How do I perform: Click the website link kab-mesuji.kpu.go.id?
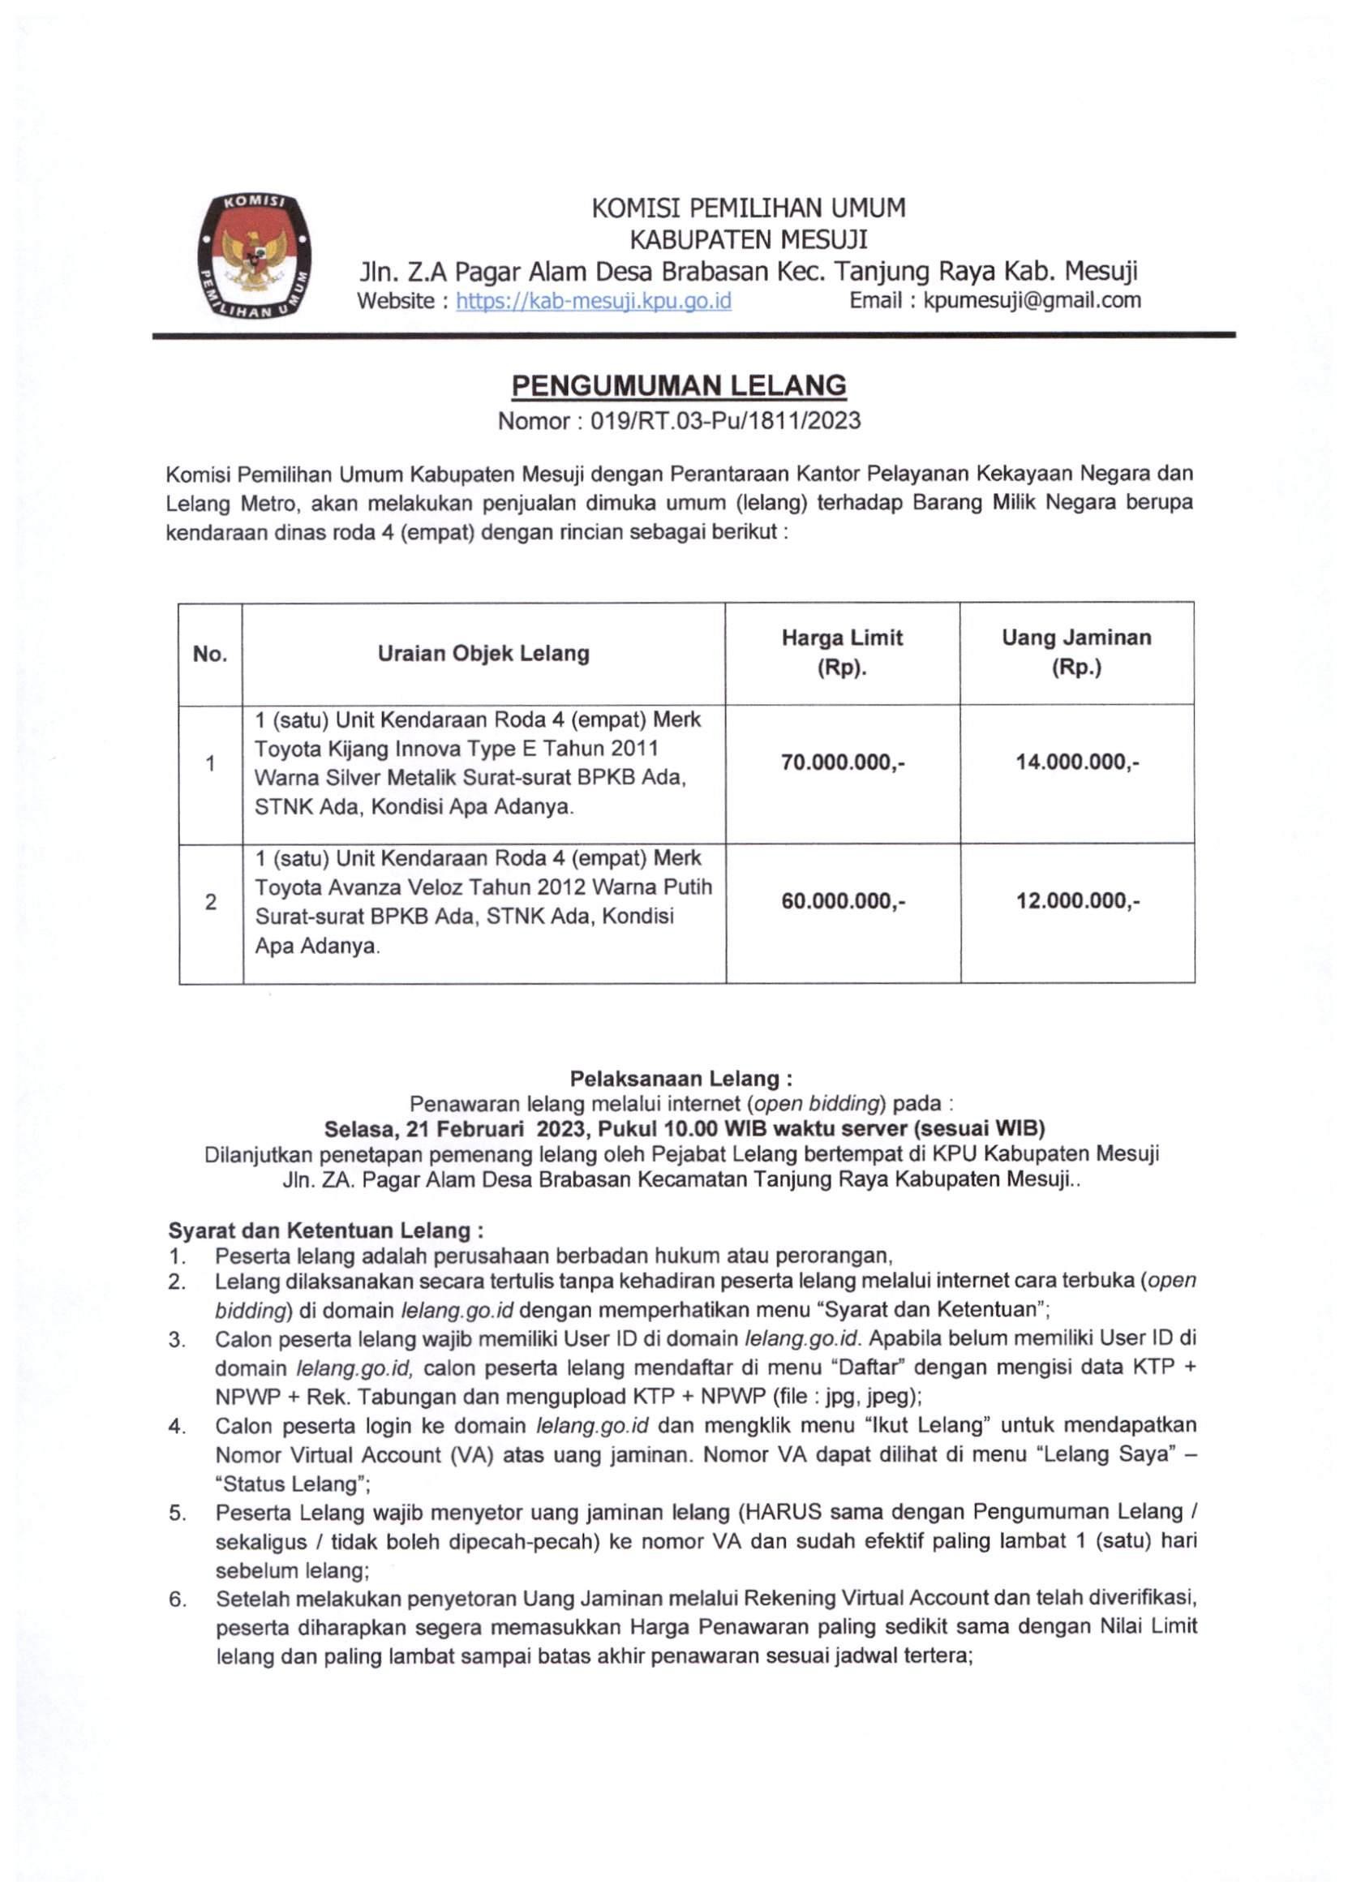pyautogui.click(x=594, y=300)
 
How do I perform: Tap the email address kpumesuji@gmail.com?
pyautogui.click(x=1032, y=300)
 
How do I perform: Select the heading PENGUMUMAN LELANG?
pyautogui.click(x=678, y=385)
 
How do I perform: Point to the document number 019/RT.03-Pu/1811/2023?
pyautogui.click(x=725, y=422)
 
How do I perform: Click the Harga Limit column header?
pyautogui.click(x=842, y=653)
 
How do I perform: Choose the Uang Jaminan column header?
pyautogui.click(x=1075, y=653)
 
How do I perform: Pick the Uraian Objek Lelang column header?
pyautogui.click(x=483, y=654)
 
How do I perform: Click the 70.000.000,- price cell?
pyautogui.click(x=842, y=762)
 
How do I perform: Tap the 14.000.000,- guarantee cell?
pyautogui.click(x=1076, y=762)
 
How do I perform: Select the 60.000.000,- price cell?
pyautogui.click(x=842, y=901)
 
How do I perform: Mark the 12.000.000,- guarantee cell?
pyautogui.click(x=1076, y=901)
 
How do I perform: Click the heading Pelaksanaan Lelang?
pyautogui.click(x=680, y=1079)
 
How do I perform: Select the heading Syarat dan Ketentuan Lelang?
pyautogui.click(x=326, y=1229)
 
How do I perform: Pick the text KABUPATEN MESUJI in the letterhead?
pyautogui.click(x=749, y=240)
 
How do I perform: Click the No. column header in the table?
pyautogui.click(x=210, y=654)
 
